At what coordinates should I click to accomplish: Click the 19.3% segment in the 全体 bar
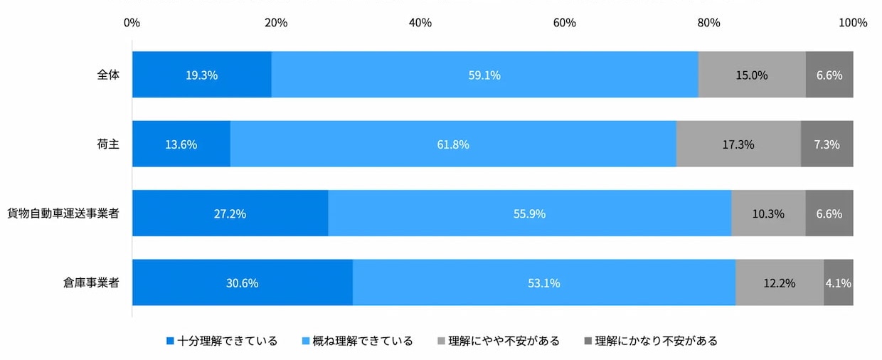click(201, 75)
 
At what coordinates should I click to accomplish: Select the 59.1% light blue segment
click(484, 75)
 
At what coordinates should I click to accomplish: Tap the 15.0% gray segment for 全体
click(752, 75)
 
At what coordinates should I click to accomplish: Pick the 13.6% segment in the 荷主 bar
click(181, 144)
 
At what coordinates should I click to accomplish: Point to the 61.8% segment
click(453, 144)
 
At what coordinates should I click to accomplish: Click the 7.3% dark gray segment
click(827, 144)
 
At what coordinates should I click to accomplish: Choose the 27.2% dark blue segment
click(230, 213)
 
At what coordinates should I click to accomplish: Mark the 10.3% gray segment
click(768, 213)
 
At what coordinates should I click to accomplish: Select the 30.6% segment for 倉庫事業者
click(242, 282)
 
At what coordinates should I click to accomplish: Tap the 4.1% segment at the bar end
click(838, 282)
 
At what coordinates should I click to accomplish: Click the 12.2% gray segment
click(780, 282)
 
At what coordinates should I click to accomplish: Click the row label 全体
click(107, 74)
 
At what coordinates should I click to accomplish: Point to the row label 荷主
click(107, 144)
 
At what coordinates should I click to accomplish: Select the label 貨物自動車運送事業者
click(63, 213)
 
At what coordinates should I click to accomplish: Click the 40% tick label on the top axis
click(420, 23)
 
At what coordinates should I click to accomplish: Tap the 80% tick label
click(708, 23)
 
